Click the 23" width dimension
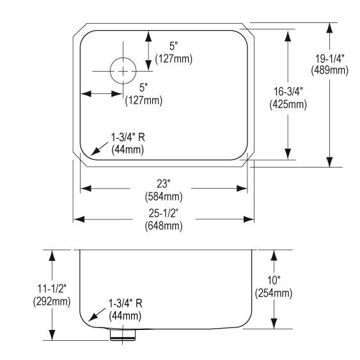click(x=164, y=184)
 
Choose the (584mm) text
click(x=164, y=194)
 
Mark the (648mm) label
click(x=164, y=226)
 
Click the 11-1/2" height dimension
click(x=51, y=290)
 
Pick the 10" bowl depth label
click(x=273, y=283)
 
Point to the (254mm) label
click(x=273, y=294)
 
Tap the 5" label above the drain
click(x=173, y=47)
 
